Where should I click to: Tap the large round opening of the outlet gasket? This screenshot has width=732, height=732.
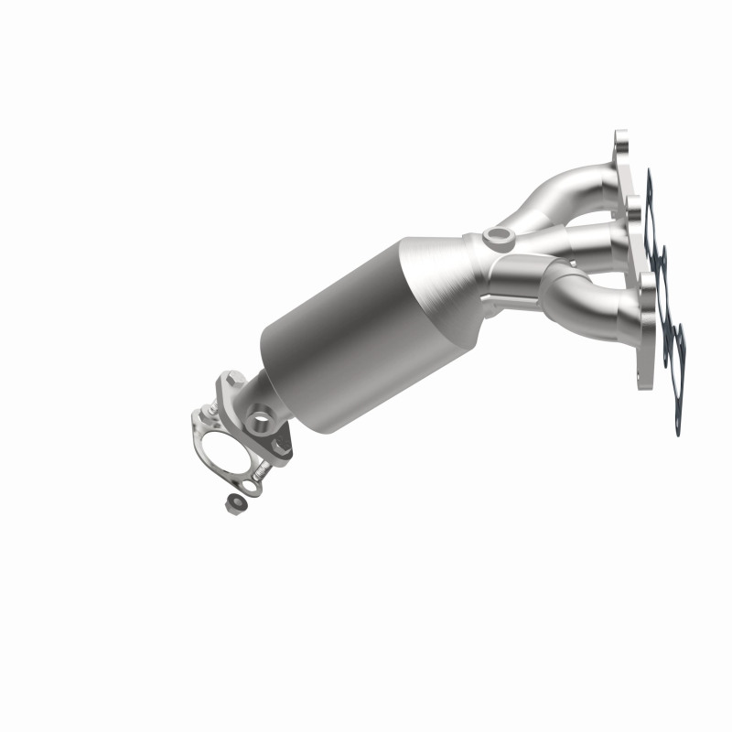(x=223, y=451)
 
